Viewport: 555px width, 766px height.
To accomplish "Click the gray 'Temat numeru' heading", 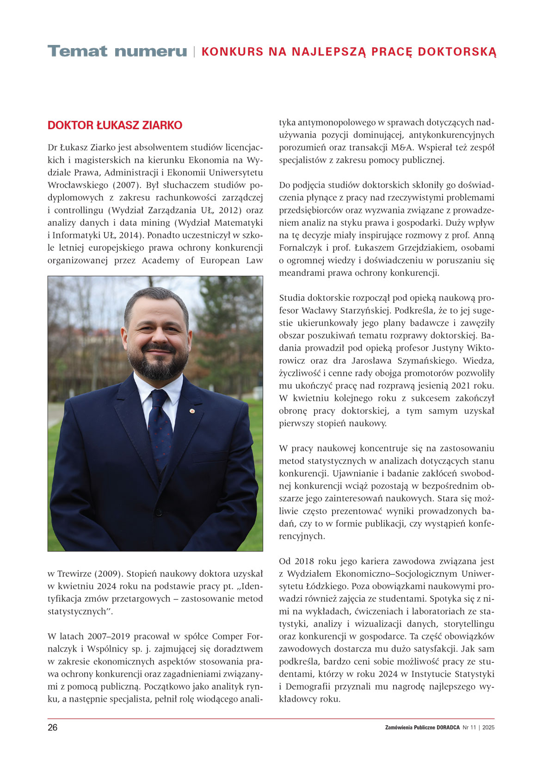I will (117, 51).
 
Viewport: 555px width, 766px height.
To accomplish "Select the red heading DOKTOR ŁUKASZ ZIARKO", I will (115, 125).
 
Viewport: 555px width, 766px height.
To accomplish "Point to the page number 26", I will (53, 728).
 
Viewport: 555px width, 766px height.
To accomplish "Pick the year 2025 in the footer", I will (488, 728).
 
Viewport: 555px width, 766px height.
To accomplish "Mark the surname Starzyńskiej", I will (365, 311).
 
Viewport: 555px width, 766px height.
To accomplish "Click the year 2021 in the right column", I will (451, 386).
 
